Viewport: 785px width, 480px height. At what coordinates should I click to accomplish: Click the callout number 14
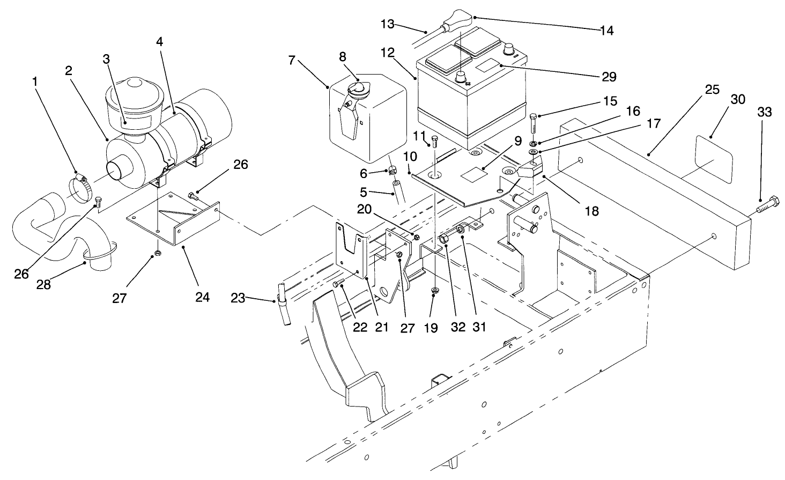(606, 31)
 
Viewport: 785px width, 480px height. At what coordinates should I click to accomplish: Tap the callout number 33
(764, 112)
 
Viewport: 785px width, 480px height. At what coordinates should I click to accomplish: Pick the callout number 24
(203, 297)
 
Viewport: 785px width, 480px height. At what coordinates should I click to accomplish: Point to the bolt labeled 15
(534, 124)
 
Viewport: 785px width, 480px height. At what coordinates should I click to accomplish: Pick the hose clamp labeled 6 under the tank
(392, 172)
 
